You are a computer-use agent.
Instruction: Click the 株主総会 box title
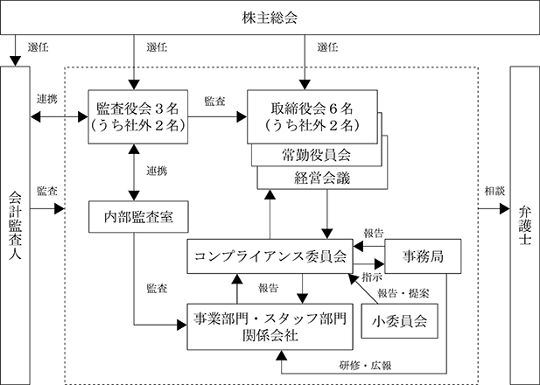270,17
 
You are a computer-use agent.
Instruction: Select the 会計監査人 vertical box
15,226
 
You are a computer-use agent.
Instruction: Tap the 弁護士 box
524,226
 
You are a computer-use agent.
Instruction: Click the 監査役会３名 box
138,116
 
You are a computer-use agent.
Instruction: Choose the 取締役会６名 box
312,116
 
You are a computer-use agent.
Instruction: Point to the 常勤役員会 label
316,155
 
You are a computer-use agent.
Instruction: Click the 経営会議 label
322,178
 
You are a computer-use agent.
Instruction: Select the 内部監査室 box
138,217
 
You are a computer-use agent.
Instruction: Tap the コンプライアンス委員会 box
270,256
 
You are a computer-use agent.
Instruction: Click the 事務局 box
423,256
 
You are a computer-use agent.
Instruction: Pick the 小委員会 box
399,321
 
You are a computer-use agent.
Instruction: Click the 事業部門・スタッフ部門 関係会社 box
270,326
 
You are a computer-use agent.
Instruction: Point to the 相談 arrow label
494,191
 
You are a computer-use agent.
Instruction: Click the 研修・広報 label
365,366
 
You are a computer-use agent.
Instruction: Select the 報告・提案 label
403,293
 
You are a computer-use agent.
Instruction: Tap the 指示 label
372,277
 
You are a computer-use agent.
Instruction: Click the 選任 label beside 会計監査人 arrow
39,47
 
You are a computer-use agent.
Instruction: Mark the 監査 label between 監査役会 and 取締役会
215,101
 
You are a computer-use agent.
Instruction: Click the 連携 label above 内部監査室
157,171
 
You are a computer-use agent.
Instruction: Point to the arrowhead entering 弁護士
504,208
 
